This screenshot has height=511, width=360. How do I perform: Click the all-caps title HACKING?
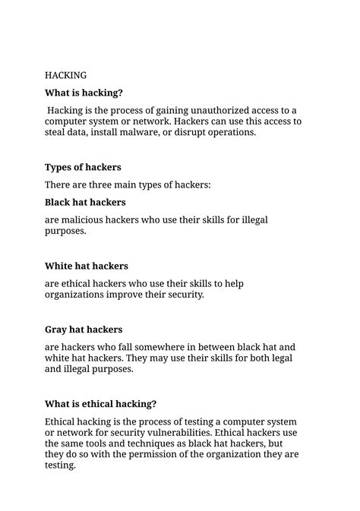click(66, 75)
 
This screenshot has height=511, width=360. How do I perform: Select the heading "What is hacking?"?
click(84, 93)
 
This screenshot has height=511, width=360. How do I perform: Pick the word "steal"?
click(58, 132)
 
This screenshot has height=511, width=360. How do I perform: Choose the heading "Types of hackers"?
click(83, 167)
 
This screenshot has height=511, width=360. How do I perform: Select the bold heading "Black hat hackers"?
click(85, 203)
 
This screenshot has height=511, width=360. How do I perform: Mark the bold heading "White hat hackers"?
click(87, 267)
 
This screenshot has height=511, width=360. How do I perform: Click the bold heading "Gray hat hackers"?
click(84, 330)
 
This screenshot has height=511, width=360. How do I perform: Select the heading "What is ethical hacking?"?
click(101, 404)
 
